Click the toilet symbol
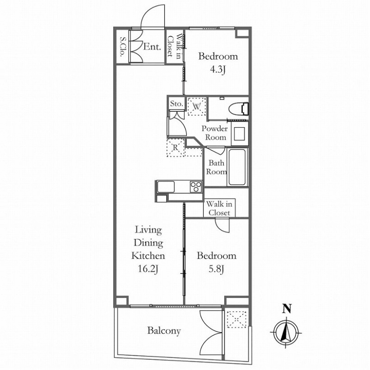[239, 109]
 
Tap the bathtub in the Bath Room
[237, 167]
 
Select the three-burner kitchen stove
[196, 187]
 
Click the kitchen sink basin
[166, 187]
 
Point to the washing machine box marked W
[197, 106]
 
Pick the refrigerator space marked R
[175, 148]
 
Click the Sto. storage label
[177, 104]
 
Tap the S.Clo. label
[123, 47]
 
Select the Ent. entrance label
[152, 47]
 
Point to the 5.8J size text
[216, 269]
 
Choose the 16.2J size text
[148, 269]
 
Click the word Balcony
[164, 331]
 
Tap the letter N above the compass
[287, 308]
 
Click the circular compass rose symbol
[286, 333]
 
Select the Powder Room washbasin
[240, 134]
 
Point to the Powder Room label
[215, 133]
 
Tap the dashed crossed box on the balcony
[236, 319]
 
